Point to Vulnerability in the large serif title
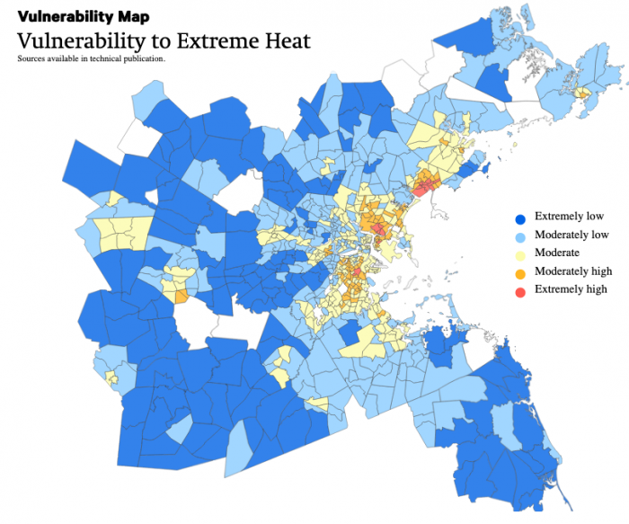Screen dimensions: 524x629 (x=84, y=41)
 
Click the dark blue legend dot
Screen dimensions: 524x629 (x=519, y=218)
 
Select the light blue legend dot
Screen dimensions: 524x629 (x=519, y=235)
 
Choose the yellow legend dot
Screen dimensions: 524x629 (x=519, y=253)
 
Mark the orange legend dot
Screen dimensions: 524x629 (x=519, y=271)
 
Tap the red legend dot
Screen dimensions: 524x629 (x=519, y=289)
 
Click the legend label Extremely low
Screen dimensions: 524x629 (x=569, y=217)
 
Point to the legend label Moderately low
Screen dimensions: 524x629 (x=572, y=235)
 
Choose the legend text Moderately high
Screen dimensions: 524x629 (x=573, y=271)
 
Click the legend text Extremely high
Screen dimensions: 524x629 (x=571, y=289)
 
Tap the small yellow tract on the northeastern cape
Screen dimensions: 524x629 (x=584, y=93)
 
